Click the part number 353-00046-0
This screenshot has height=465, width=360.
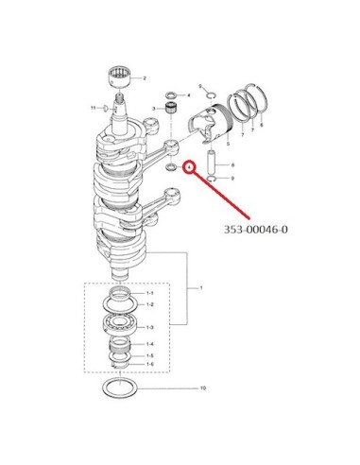[x=255, y=230]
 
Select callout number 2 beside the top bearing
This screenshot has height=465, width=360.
[x=145, y=78]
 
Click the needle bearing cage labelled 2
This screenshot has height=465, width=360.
[x=121, y=77]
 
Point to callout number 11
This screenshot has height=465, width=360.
[x=93, y=108]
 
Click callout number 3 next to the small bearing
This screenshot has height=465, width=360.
[x=154, y=109]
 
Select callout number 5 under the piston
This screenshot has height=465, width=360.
[x=228, y=144]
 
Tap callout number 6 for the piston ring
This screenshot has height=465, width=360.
[x=262, y=125]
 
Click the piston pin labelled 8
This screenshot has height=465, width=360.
[x=212, y=163]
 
